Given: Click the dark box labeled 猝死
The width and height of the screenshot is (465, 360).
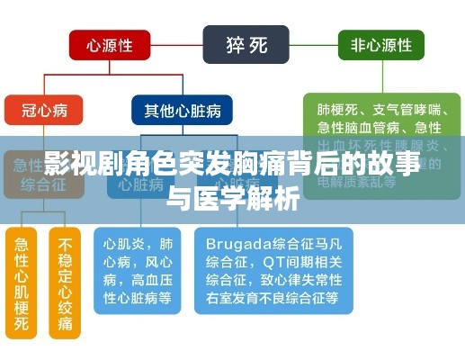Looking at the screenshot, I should [245, 42].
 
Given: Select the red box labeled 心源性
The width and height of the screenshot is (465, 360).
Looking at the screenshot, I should [111, 42].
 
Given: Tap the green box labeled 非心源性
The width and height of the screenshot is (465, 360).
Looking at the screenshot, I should [380, 42].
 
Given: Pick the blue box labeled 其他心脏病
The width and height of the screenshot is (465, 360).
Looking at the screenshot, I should [182, 111].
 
